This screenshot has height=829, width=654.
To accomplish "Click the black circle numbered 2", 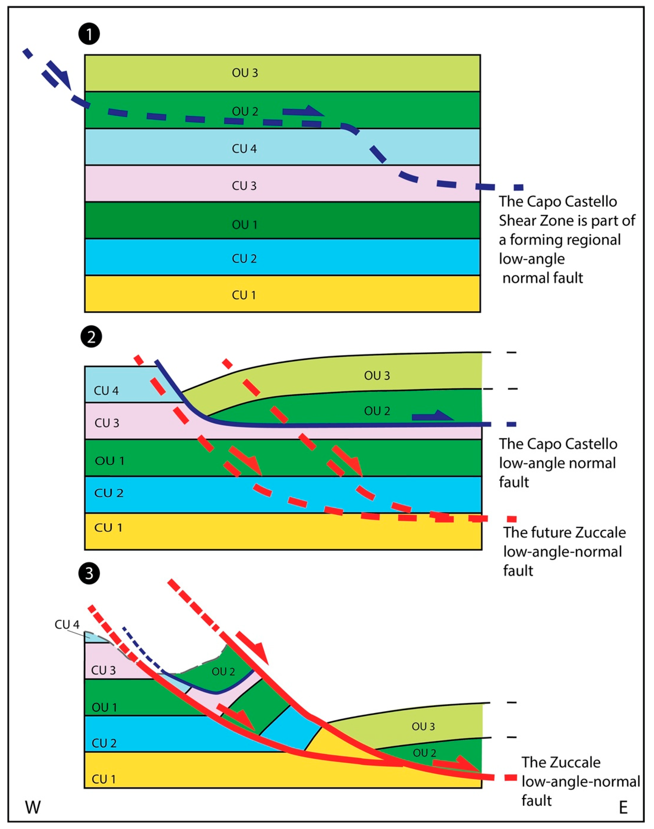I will [x=91, y=337].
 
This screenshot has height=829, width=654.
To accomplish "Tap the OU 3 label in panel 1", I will [x=245, y=73].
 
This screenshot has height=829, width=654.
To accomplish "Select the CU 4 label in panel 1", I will [x=244, y=149].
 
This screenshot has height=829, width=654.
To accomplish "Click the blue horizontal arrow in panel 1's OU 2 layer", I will [x=303, y=111].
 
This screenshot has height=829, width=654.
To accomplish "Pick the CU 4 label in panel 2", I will [x=106, y=391].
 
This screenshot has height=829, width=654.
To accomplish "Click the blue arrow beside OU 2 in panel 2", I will [x=432, y=416].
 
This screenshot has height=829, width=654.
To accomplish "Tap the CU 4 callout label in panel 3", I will [x=67, y=625].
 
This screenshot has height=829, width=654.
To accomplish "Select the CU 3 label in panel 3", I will [x=103, y=670].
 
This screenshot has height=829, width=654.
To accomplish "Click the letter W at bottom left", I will [x=33, y=808].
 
